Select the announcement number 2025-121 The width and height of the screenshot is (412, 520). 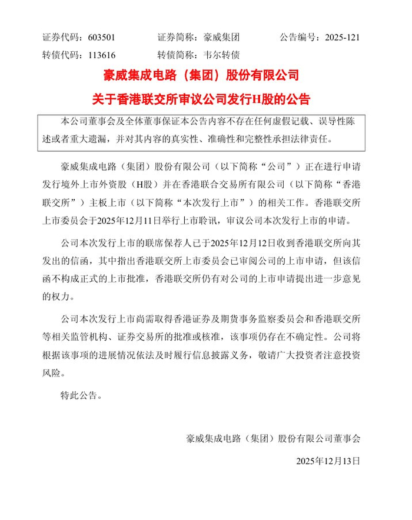(342, 37)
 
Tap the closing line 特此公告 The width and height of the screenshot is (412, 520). (82, 395)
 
